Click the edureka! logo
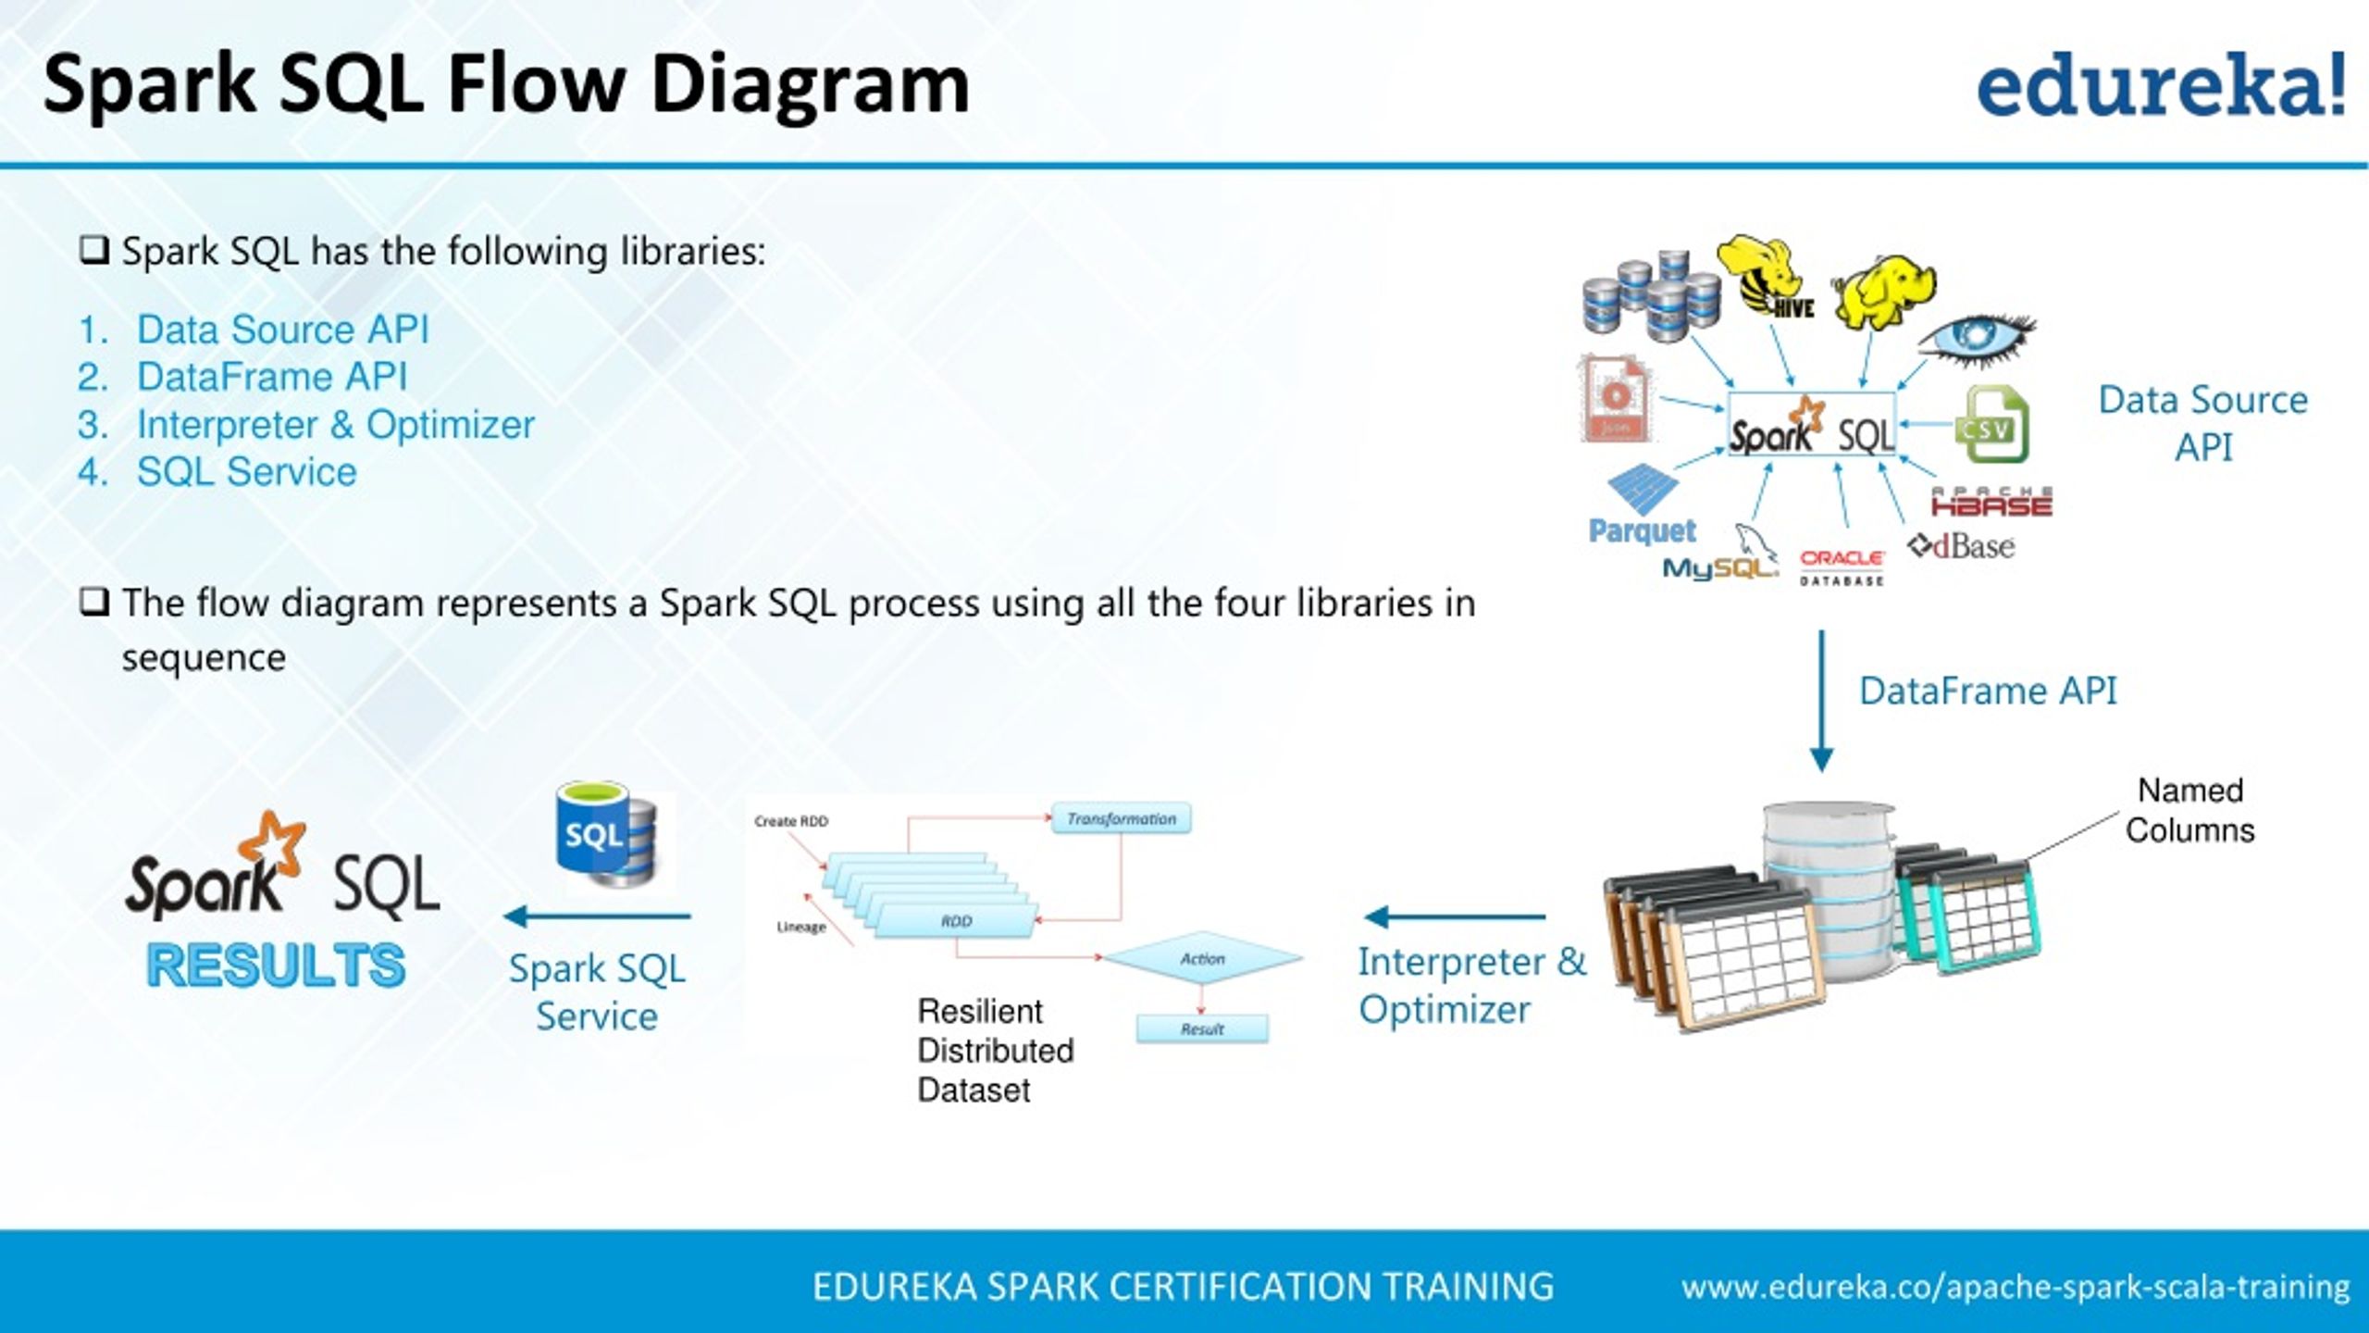(2161, 85)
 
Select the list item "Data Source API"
(282, 330)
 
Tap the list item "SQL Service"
(246, 472)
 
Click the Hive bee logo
(1766, 277)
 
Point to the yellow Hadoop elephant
(1883, 292)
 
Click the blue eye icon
(1976, 338)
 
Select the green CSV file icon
(1991, 425)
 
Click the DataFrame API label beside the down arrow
(1988, 691)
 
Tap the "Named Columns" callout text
(2189, 810)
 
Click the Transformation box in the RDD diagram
(1121, 819)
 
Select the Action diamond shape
(1202, 959)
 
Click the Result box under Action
(1201, 1029)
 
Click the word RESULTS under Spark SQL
(276, 965)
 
